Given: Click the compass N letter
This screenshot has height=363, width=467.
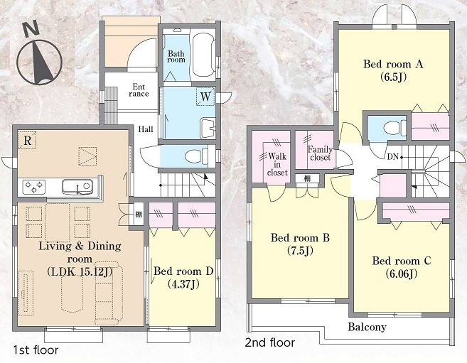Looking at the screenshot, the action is click(31, 30).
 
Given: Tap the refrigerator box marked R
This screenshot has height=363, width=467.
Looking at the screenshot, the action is click(27, 140).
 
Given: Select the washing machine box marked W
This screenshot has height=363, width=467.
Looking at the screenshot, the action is click(205, 97).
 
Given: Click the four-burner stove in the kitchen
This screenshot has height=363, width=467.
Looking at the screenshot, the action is click(34, 187).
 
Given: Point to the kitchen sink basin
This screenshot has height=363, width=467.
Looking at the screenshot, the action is click(77, 186).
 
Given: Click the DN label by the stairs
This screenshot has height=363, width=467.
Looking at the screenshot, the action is click(393, 157).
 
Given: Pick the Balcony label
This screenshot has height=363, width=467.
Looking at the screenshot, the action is click(367, 327).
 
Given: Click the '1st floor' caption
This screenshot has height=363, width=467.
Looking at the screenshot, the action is click(36, 350).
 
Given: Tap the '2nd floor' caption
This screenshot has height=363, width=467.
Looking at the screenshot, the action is click(270, 343).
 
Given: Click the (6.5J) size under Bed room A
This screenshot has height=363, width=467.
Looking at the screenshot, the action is click(393, 77).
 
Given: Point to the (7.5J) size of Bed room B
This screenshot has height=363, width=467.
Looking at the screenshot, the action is click(300, 251).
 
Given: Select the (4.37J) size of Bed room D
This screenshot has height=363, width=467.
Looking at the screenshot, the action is click(183, 284).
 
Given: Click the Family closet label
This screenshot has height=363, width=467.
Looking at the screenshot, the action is click(320, 153).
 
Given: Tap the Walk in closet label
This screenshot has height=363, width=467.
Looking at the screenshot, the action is click(277, 165).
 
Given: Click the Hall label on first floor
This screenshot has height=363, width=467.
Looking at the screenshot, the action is click(146, 129).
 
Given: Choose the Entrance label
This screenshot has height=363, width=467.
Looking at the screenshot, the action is click(139, 90).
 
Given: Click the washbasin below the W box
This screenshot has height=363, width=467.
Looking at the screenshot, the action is click(208, 129).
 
